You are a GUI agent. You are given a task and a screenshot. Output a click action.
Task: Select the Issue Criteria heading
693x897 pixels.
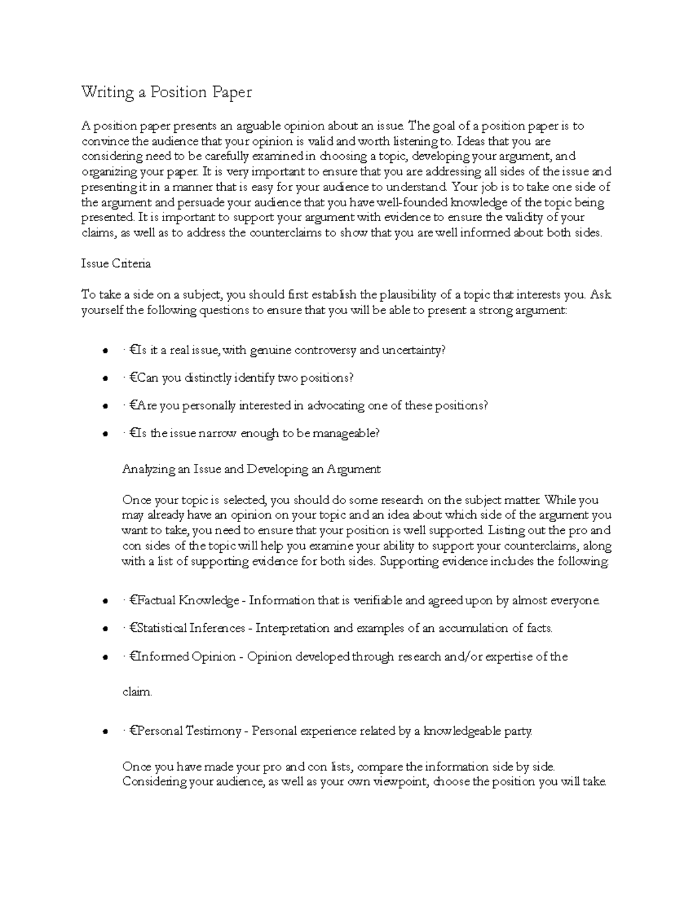coord(116,263)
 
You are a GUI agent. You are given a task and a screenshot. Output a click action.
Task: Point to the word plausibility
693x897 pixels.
coord(407,295)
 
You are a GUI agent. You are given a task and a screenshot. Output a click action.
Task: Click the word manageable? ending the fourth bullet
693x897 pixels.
coord(346,433)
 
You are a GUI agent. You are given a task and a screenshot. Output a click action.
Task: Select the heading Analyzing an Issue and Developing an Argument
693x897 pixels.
coord(251,469)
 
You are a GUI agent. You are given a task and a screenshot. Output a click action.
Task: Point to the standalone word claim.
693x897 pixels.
coord(137,692)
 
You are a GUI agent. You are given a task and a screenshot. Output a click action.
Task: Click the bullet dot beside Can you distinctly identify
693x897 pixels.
coord(105,379)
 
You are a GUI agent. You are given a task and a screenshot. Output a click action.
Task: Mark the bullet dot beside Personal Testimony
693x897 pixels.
coord(105,732)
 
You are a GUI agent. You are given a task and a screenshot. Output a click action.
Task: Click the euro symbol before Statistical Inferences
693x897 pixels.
coord(133,628)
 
